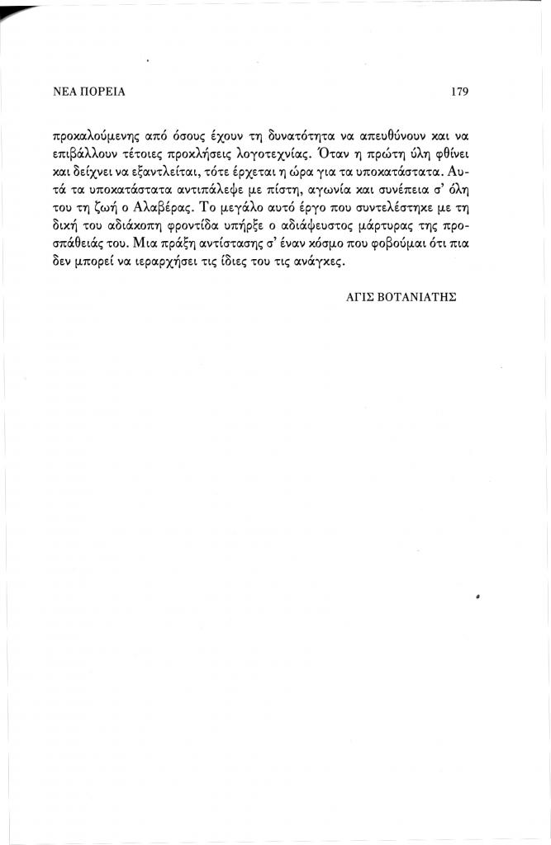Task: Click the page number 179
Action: [x=460, y=92]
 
